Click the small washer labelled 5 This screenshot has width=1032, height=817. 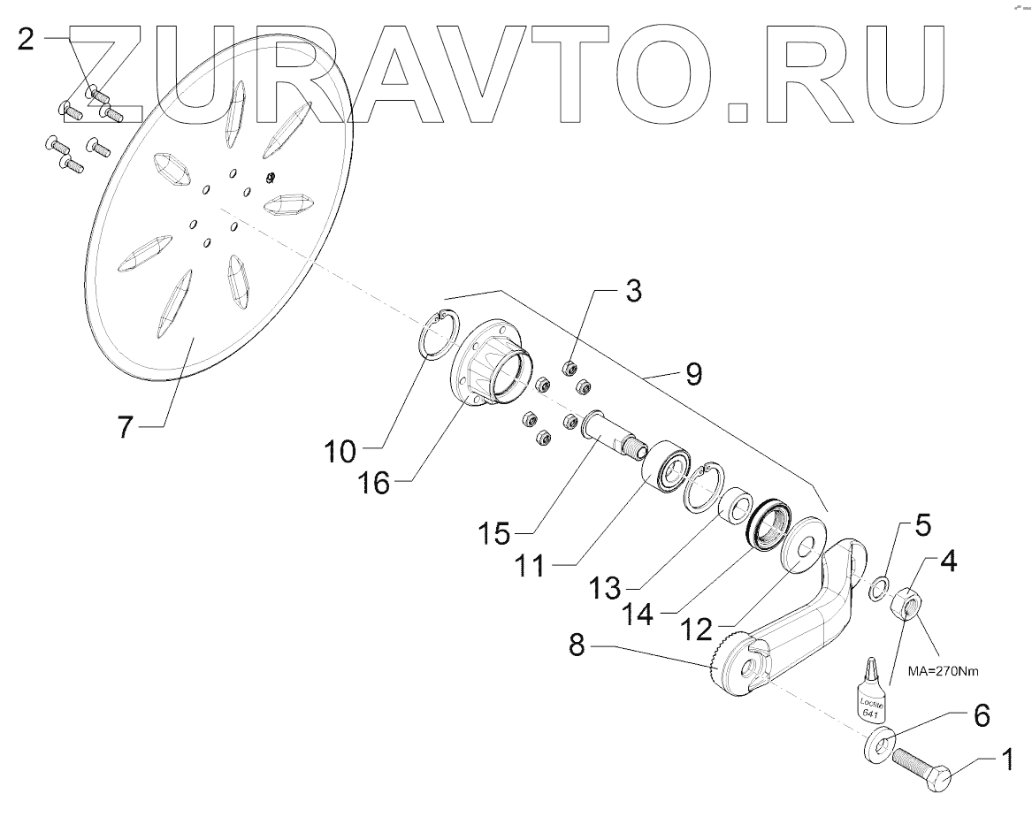pyautogui.click(x=878, y=588)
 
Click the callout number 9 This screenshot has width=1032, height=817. pyautogui.click(x=693, y=374)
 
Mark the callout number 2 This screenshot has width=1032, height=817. pyautogui.click(x=27, y=40)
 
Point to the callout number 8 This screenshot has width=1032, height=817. pyautogui.click(x=577, y=647)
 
